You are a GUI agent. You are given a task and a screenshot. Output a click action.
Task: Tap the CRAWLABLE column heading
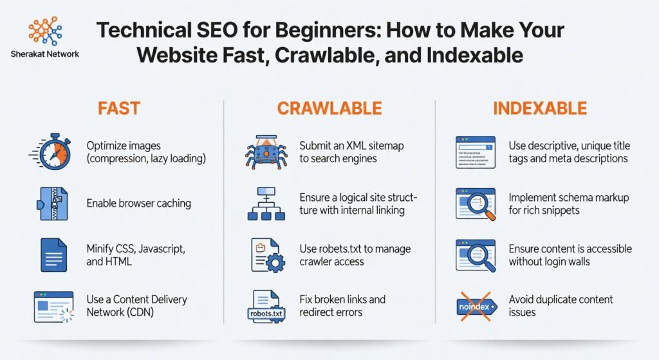pos(329,108)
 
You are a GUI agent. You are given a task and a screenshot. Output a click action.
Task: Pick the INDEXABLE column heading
pos(540,108)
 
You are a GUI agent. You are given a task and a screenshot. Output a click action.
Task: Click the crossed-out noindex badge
pos(475,306)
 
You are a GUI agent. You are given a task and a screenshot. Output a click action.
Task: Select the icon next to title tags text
pos(475,152)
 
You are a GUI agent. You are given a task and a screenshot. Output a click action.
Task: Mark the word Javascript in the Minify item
pos(163,249)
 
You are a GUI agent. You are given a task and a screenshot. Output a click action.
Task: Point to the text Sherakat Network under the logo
pos(45,54)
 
